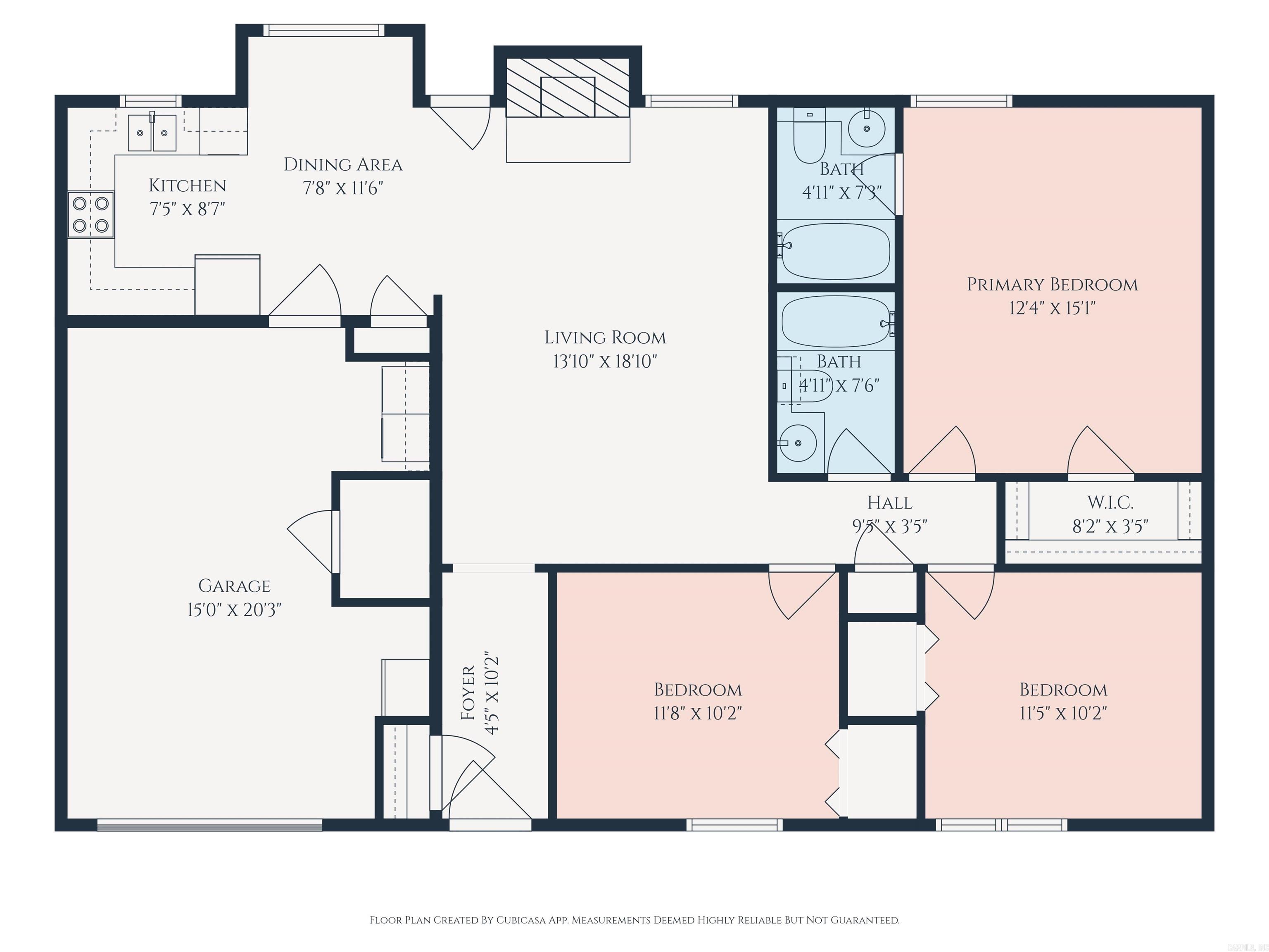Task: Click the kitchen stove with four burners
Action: point(90,214)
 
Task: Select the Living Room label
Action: point(605,338)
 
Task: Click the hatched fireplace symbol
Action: point(568,87)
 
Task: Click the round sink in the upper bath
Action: point(866,129)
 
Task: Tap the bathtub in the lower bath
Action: point(835,321)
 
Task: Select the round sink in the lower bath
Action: point(797,443)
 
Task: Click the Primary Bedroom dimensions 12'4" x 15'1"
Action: point(1052,309)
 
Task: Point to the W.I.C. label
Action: point(1110,503)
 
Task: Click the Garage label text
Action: point(234,586)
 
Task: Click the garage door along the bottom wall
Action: point(209,825)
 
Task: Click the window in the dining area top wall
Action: point(324,31)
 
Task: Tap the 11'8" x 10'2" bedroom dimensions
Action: point(698,713)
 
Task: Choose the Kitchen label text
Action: point(188,186)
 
